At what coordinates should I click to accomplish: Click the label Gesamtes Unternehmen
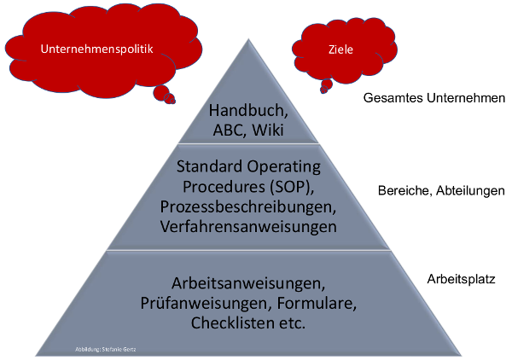tap(434, 98)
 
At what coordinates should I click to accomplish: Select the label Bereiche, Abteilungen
tap(441, 189)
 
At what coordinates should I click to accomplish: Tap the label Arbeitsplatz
tap(461, 278)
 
